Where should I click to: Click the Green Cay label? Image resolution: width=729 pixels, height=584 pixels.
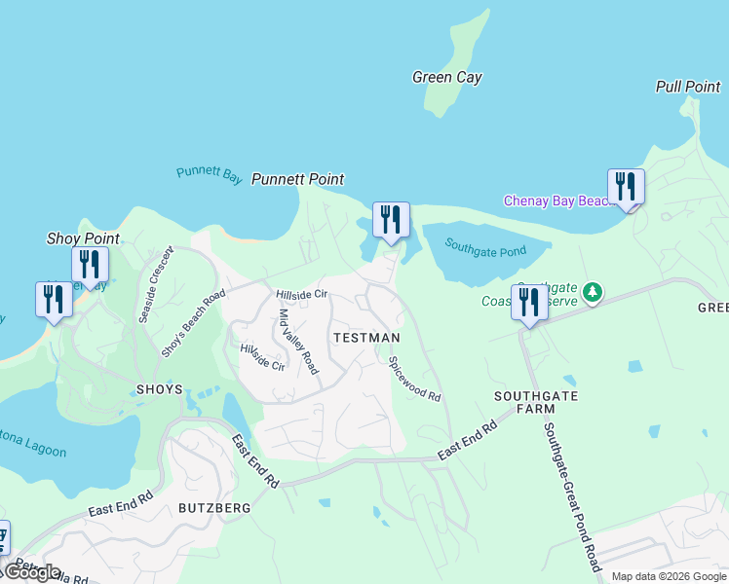point(446,78)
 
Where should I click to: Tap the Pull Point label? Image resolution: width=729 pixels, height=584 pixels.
point(688,87)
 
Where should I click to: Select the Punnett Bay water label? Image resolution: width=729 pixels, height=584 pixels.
point(209,174)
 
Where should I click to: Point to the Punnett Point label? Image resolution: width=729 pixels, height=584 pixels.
point(297,179)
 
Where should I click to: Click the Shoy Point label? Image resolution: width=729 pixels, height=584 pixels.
point(83,238)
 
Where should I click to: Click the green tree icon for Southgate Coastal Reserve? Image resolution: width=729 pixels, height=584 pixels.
point(591,292)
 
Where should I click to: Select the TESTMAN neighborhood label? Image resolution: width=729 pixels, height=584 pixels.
point(366,338)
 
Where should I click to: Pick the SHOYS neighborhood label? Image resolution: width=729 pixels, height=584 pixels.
point(160,389)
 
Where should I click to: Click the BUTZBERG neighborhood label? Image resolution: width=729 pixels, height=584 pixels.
point(214,508)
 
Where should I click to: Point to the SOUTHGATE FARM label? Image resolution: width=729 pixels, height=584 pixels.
point(536,403)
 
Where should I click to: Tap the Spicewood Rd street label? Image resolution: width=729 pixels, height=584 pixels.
point(415,380)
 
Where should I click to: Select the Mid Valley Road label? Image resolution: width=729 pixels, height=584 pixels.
point(299,342)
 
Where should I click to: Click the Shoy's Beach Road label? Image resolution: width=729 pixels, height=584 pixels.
point(193,323)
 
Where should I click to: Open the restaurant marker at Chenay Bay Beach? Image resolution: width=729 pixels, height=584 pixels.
point(626,188)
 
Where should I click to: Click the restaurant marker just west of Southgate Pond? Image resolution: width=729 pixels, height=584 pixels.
point(391,221)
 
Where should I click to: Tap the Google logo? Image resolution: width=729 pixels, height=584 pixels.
point(32,572)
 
